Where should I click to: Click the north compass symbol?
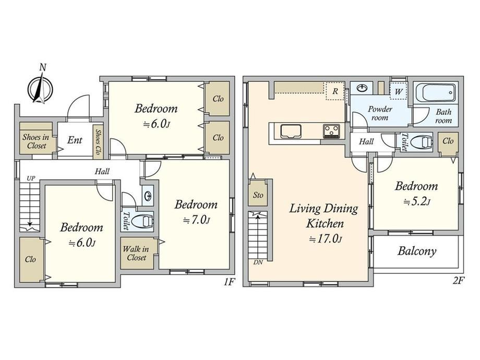pyautogui.click(x=40, y=89)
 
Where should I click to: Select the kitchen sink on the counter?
pyautogui.click(x=291, y=131)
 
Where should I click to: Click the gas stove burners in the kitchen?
pyautogui.click(x=331, y=131)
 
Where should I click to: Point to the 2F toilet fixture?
pyautogui.click(x=422, y=142)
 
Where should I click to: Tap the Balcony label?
pyautogui.click(x=417, y=251)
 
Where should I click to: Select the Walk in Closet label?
pyautogui.click(x=136, y=254)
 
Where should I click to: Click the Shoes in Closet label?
pyautogui.click(x=36, y=141)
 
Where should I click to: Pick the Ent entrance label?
pyautogui.click(x=75, y=140)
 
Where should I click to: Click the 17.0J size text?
pyautogui.click(x=325, y=238)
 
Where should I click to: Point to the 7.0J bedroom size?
pyautogui.click(x=197, y=220)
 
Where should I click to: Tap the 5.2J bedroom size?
pyautogui.click(x=417, y=202)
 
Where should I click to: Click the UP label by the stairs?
pyautogui.click(x=31, y=178)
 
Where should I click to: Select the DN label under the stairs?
pyautogui.click(x=258, y=262)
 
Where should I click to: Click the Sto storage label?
pyautogui.click(x=258, y=195)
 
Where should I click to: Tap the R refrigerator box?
pyautogui.click(x=335, y=91)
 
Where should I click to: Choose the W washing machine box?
pyautogui.click(x=398, y=91)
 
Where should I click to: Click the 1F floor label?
pyautogui.click(x=229, y=281)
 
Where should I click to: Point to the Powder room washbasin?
pyautogui.click(x=363, y=88)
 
